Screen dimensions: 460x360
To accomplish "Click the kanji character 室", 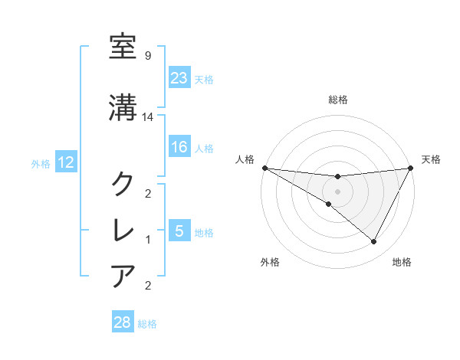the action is coord(123,48).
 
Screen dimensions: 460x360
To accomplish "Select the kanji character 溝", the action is coord(123,106).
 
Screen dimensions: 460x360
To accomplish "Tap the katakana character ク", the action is coord(123,184).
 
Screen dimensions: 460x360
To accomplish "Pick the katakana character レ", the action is coord(123,230).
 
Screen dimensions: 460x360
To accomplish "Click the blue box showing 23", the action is coord(179,78).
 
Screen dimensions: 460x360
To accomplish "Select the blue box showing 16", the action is coord(179,148).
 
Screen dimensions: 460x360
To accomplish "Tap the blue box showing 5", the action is coord(179,231).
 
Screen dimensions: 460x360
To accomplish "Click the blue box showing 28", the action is coord(123,322).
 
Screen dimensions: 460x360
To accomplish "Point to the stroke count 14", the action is coord(149,117).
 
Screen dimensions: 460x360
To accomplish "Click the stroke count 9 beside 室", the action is coord(147,55).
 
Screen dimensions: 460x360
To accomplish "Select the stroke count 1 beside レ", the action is coord(147,240).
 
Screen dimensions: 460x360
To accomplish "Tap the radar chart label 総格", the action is coord(337,100).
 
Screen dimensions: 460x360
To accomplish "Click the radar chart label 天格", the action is coord(431,159).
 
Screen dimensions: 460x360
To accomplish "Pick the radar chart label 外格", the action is coord(270,262).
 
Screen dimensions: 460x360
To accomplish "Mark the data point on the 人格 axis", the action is coord(264,167).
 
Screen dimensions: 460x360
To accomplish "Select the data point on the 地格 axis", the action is coord(374,241).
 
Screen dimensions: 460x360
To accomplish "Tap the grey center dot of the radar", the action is coord(337,191).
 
